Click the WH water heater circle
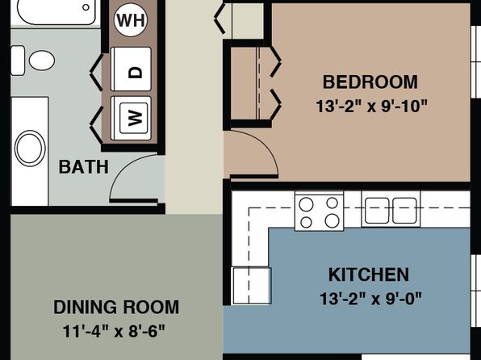coord(131,20)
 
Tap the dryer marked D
coord(131,69)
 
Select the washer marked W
coord(131,118)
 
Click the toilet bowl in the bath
coord(42,61)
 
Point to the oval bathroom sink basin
coord(30,149)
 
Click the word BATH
coord(83,167)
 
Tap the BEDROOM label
coord(370,82)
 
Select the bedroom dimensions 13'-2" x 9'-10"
coord(371,107)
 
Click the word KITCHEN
coord(369,274)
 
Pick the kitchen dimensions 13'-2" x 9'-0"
coord(371,299)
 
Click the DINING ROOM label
coord(116,308)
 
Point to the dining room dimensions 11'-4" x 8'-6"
coord(114,332)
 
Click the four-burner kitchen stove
coord(320,211)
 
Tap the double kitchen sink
coord(391,209)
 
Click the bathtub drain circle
coord(86,7)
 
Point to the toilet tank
coord(18,61)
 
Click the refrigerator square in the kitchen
coord(252,286)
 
